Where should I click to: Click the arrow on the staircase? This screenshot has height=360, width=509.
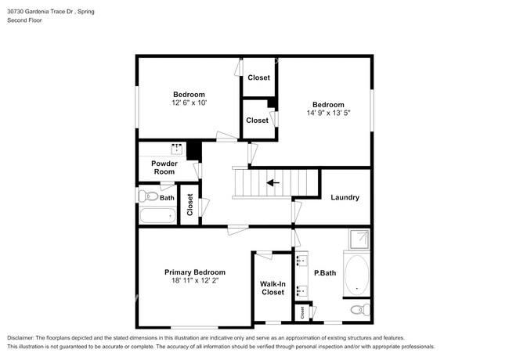click(273, 183)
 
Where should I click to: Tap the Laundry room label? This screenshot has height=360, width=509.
click(345, 197)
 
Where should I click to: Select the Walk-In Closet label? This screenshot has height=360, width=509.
click(272, 287)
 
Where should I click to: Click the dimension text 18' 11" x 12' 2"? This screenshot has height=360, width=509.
click(196, 281)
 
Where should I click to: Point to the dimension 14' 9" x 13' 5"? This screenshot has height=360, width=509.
click(328, 113)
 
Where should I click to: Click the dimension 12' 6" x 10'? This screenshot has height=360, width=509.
click(189, 103)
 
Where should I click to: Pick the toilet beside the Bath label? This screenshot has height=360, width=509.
click(144, 196)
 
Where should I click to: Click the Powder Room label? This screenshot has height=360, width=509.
click(164, 167)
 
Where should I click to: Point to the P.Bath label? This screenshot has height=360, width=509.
click(324, 273)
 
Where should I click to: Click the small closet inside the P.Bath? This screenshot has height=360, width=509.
click(302, 312)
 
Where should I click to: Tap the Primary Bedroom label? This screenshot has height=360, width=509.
click(195, 272)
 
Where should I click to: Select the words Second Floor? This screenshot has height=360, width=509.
click(25, 20)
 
